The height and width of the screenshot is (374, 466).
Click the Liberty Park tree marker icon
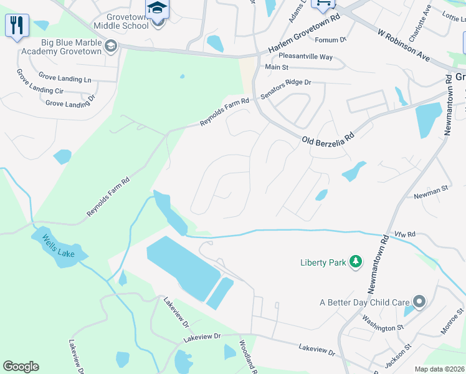click(x=356, y=262)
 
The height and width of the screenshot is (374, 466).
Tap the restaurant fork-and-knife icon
click(x=17, y=26)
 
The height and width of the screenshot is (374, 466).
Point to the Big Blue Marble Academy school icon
click(x=111, y=47)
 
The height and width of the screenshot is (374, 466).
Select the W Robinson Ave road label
click(x=404, y=44)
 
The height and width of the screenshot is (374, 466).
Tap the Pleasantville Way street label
click(x=306, y=57)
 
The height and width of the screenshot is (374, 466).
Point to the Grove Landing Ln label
click(x=65, y=78)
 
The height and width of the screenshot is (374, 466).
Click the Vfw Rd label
click(x=404, y=234)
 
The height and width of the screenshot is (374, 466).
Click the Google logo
click(x=21, y=367)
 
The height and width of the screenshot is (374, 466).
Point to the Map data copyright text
click(x=439, y=369)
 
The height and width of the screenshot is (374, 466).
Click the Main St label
click(x=277, y=67)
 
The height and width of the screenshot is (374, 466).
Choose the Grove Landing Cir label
click(x=42, y=91)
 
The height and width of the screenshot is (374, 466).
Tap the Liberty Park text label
click(x=323, y=262)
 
